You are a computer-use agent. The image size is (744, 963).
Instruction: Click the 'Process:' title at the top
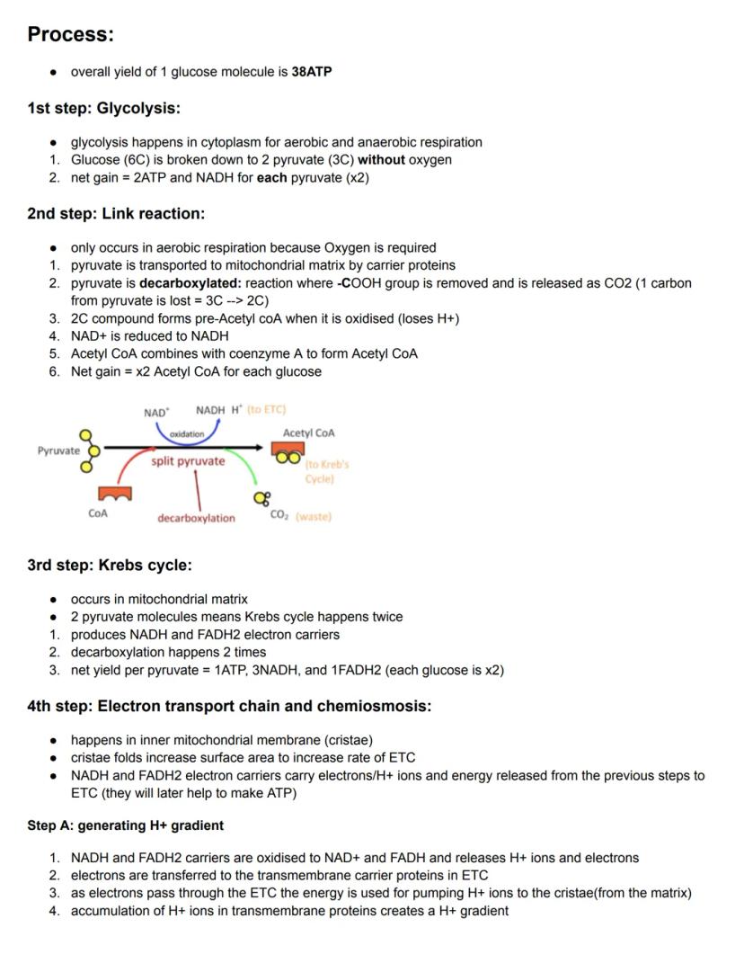point(70,34)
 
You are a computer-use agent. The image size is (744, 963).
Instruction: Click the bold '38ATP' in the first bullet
point(311,71)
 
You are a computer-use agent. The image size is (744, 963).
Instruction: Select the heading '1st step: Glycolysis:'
point(103,108)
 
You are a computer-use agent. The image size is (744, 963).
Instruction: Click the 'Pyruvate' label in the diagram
point(58,450)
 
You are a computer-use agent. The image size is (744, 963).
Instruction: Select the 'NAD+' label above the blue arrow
point(156,413)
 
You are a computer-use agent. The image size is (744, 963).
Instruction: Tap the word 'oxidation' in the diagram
point(187,433)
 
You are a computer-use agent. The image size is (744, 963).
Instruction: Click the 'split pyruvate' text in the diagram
point(188,461)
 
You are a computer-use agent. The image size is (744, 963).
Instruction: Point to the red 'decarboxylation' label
point(196,518)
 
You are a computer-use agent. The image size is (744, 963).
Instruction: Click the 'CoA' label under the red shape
point(98,513)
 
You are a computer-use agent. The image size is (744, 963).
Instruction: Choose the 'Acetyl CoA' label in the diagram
point(308,432)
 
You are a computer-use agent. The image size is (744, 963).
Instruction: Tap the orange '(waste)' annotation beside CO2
point(314,516)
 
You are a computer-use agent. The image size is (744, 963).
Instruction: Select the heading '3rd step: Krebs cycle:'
point(110,565)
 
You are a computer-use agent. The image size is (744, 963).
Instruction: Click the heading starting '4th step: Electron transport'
point(229,706)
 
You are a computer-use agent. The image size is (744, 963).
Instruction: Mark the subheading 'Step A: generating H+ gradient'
point(125,825)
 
